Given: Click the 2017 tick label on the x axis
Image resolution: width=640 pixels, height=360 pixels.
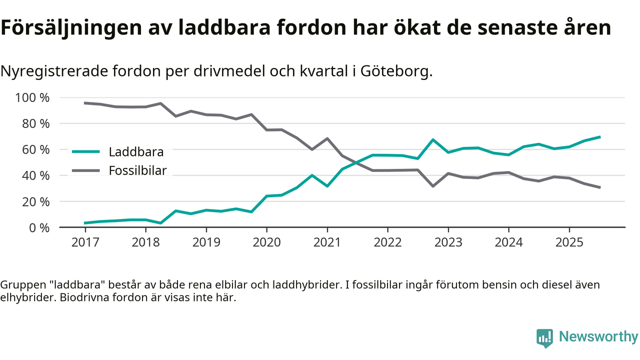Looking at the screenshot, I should pyautogui.click(x=85, y=242).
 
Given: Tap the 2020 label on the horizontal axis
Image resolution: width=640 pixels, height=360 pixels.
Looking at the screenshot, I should pyautogui.click(x=266, y=242).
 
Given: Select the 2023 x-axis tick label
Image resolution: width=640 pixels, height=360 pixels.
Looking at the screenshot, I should pyautogui.click(x=448, y=242).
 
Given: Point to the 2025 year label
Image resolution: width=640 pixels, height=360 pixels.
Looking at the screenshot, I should pyautogui.click(x=569, y=242).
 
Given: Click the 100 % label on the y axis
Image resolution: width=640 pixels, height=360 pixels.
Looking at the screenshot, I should pyautogui.click(x=33, y=97).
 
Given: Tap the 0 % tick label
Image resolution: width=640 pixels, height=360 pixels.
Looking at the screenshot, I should pyautogui.click(x=39, y=227).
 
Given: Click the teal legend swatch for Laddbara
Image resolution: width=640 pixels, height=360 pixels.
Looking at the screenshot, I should pyautogui.click(x=86, y=151).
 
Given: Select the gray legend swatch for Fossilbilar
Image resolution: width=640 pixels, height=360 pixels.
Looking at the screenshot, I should pyautogui.click(x=86, y=170).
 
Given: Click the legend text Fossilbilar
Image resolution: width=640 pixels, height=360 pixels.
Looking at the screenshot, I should pyautogui.click(x=137, y=170).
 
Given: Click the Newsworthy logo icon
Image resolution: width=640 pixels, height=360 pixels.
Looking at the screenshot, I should pyautogui.click(x=544, y=338).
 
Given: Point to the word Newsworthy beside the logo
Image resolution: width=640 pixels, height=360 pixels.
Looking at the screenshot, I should pyautogui.click(x=598, y=337).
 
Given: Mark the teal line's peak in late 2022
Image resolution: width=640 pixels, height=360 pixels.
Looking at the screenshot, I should pyautogui.click(x=432, y=139).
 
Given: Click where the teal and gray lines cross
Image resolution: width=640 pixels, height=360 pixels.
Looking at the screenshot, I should pyautogui.click(x=357, y=161).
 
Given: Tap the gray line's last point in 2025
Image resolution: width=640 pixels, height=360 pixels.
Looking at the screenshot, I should pyautogui.click(x=599, y=187).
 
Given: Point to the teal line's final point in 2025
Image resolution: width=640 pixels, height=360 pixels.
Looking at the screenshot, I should pyautogui.click(x=599, y=136).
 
